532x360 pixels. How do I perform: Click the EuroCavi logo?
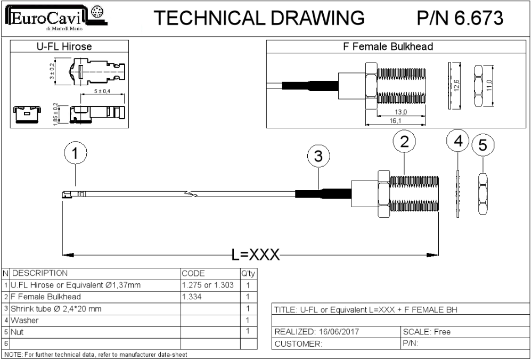56,18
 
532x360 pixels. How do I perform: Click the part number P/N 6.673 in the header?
460,18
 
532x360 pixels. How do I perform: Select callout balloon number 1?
75,153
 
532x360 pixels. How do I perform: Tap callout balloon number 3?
318,157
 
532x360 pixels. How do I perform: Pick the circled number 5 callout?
482,145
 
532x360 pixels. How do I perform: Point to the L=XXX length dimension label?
256,255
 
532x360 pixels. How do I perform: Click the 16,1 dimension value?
395,121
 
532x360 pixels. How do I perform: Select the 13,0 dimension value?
400,112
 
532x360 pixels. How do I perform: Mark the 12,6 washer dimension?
456,86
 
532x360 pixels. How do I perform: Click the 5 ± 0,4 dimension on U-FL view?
102,91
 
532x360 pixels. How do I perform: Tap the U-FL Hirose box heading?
64,46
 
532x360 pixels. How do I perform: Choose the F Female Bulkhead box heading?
388,46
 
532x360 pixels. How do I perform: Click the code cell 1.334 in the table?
192,297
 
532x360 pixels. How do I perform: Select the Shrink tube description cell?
56,309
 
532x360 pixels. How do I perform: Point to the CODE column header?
193,274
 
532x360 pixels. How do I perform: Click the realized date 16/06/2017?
337,331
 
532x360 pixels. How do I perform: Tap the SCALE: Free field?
427,331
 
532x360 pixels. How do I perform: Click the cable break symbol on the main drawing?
192,194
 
